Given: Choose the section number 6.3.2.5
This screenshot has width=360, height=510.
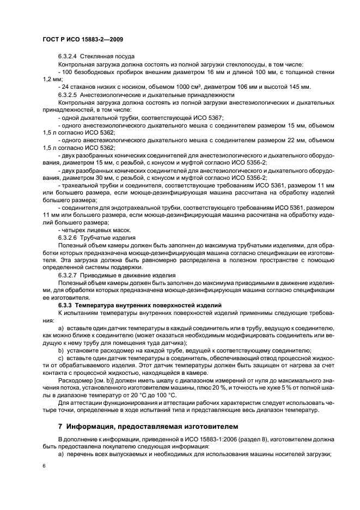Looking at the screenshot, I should (x=68, y=95).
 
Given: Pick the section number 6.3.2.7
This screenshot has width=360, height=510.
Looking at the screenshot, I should (x=68, y=276).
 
